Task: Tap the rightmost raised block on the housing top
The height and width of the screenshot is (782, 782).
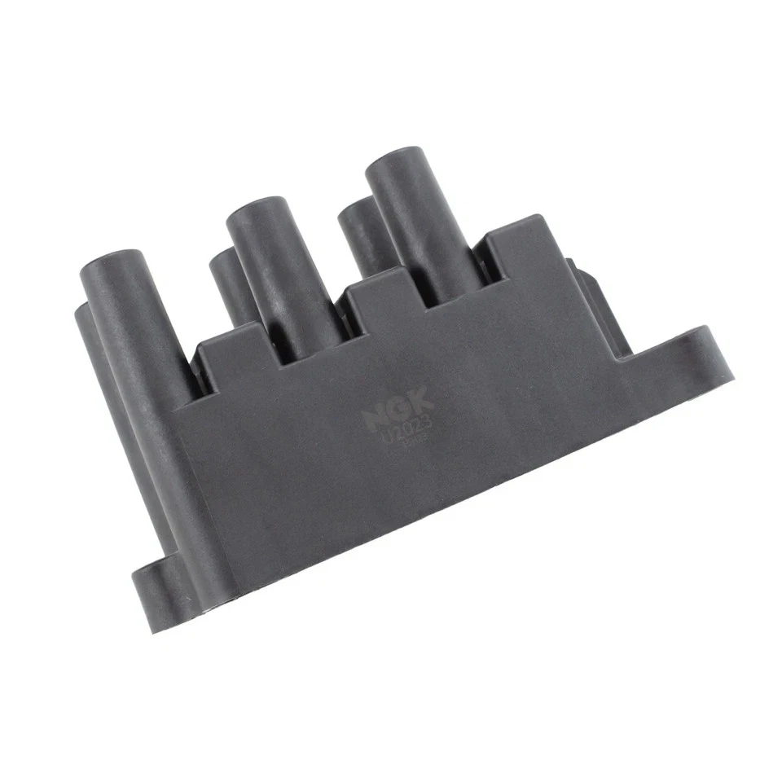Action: click(521, 244)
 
